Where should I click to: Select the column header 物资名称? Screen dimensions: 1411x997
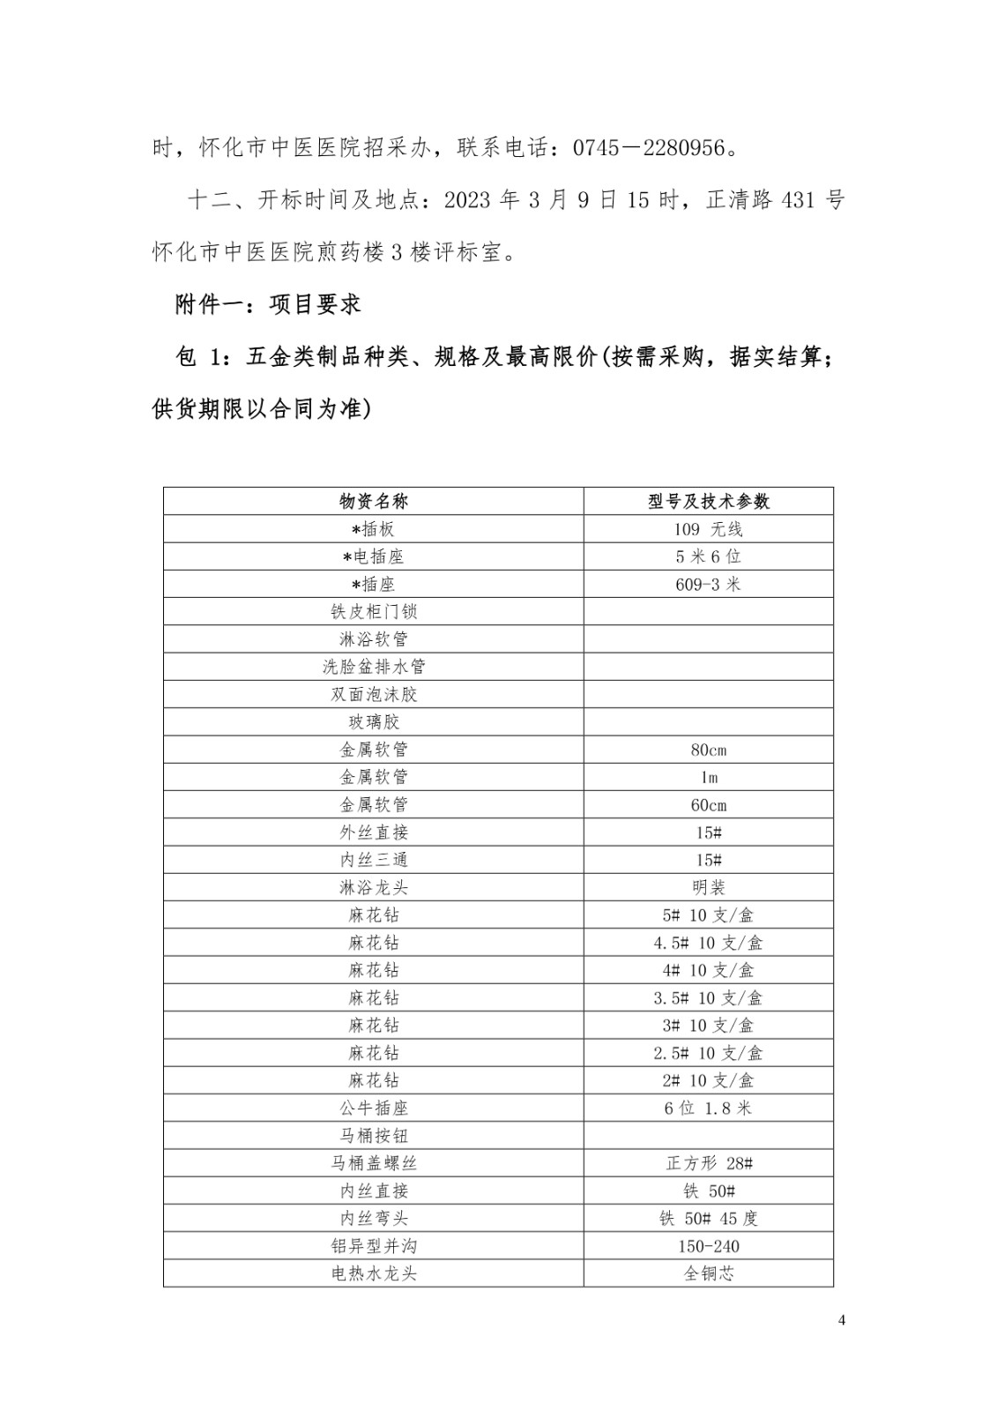point(374,502)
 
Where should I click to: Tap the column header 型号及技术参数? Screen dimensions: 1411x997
point(709,502)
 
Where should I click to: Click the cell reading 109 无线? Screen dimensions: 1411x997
point(709,529)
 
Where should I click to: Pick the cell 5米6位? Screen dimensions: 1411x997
point(709,556)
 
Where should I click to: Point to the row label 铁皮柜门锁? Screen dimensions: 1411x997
point(374,612)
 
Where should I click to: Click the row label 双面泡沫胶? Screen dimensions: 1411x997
point(374,694)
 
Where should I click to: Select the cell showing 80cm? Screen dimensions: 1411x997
point(709,750)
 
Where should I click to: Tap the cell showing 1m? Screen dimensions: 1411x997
point(709,777)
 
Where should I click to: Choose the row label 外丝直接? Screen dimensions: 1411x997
point(374,832)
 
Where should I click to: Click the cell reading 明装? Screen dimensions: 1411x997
point(709,887)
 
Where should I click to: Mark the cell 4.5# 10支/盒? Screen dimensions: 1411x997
point(709,943)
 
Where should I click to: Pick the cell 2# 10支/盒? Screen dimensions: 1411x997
point(709,1080)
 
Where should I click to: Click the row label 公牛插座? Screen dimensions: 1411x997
point(374,1108)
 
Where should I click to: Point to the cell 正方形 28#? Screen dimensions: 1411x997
point(709,1163)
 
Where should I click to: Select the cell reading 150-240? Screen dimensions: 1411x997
point(709,1246)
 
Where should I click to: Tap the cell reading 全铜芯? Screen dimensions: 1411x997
point(709,1273)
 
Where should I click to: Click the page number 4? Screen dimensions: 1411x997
point(841,1320)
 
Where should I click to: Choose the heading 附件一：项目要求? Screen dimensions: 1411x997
point(268,305)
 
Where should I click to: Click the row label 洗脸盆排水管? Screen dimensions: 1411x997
point(374,667)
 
